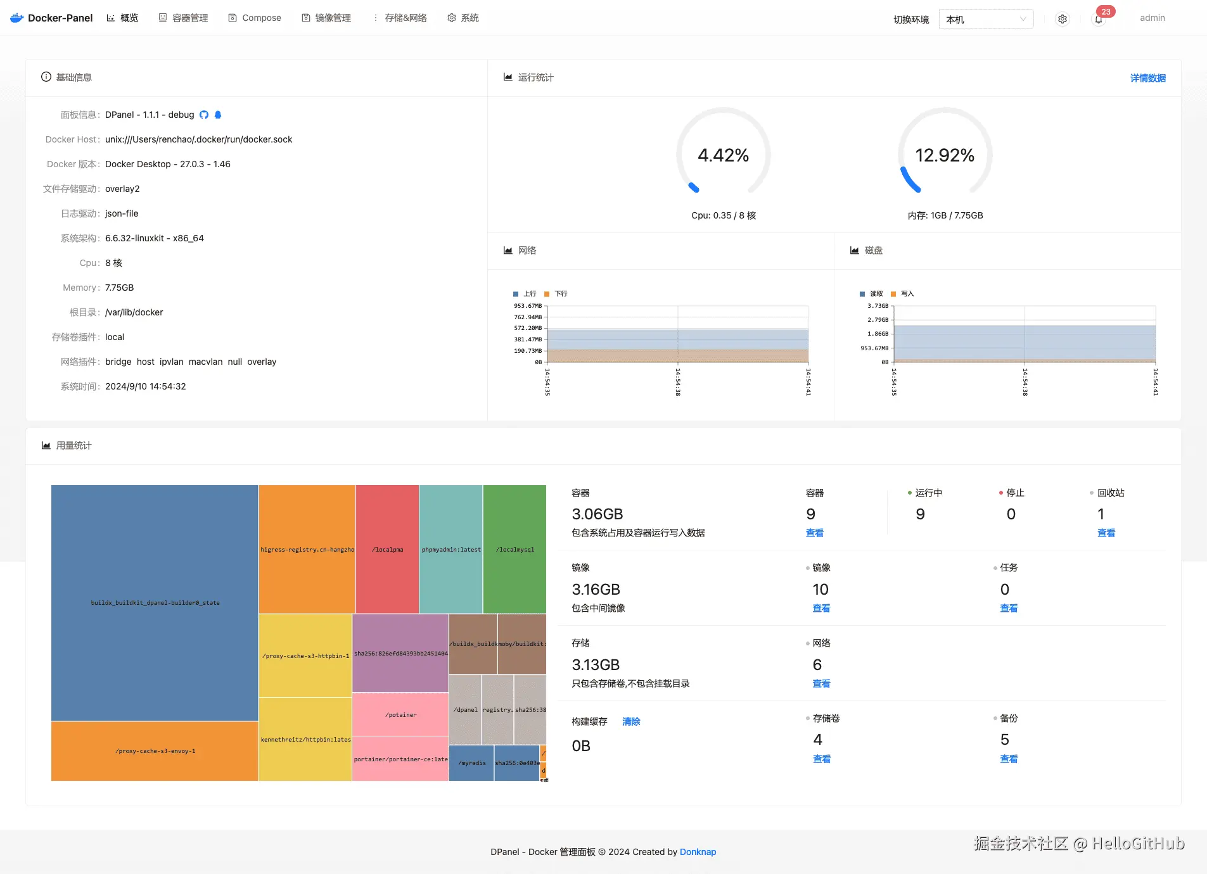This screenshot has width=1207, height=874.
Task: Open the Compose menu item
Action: tap(255, 18)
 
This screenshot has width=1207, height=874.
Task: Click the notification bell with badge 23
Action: tap(1099, 19)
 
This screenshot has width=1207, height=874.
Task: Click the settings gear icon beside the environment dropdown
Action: tap(1063, 19)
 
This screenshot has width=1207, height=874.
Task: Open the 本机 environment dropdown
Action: tap(985, 19)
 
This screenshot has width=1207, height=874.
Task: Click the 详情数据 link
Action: tap(1147, 78)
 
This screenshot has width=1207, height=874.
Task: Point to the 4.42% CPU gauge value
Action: tap(723, 155)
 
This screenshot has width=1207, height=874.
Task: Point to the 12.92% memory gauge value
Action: tap(945, 155)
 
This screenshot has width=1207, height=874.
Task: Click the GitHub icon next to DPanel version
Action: tap(204, 115)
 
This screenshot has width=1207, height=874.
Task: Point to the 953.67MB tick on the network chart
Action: tap(528, 306)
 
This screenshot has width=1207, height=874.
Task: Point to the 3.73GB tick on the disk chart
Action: tap(878, 306)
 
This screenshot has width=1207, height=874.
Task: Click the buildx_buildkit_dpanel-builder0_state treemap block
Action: tap(155, 602)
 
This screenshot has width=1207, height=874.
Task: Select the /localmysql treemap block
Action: tap(514, 549)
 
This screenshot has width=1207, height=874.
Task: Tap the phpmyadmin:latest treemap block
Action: tap(451, 549)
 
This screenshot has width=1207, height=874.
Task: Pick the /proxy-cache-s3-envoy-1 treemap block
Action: tap(155, 750)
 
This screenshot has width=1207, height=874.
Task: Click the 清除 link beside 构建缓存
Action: tap(631, 721)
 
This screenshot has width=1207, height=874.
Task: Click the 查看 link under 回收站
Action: tap(1106, 533)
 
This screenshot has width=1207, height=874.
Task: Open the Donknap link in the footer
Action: tap(698, 852)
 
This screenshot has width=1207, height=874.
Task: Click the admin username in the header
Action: tap(1152, 18)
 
